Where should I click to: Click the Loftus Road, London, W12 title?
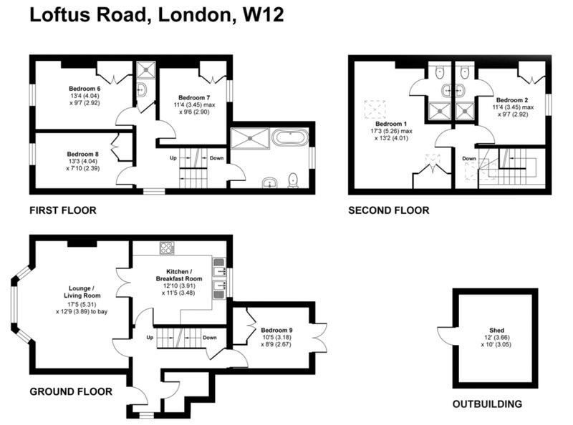coord(156,15)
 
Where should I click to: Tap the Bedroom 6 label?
coord(85,88)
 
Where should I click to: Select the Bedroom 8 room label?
coord(82,154)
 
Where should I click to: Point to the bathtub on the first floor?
coord(290,138)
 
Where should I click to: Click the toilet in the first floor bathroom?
coord(293,181)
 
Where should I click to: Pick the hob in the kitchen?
coord(167,248)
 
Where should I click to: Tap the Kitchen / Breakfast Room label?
coord(179,275)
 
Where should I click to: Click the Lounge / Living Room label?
coord(82,292)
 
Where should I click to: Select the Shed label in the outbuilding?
coord(496,330)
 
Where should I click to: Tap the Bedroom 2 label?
coord(512,100)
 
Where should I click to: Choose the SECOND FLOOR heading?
coord(388,210)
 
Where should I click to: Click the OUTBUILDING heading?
coord(487,404)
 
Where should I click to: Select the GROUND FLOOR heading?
coord(71,392)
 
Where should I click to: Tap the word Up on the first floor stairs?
coord(173,158)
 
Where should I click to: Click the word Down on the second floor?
coord(469,158)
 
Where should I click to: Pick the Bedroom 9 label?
coord(276,330)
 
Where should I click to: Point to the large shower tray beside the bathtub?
coord(250,138)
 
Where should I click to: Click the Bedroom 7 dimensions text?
coord(194,109)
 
